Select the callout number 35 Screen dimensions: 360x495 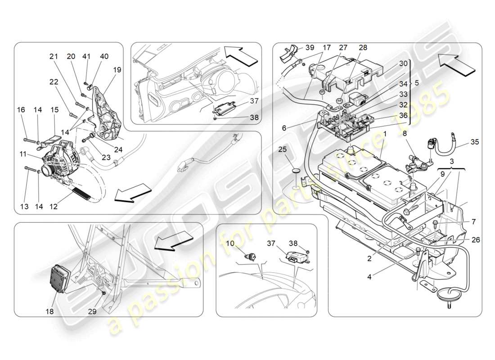click(x=474, y=142)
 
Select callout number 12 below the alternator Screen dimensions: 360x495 click(x=54, y=207)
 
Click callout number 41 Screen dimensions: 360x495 click(x=86, y=57)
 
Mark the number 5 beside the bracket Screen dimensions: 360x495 click(x=416, y=83)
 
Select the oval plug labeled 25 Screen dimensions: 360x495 click(x=295, y=171)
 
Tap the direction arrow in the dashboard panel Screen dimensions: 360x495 click(x=241, y=57)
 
